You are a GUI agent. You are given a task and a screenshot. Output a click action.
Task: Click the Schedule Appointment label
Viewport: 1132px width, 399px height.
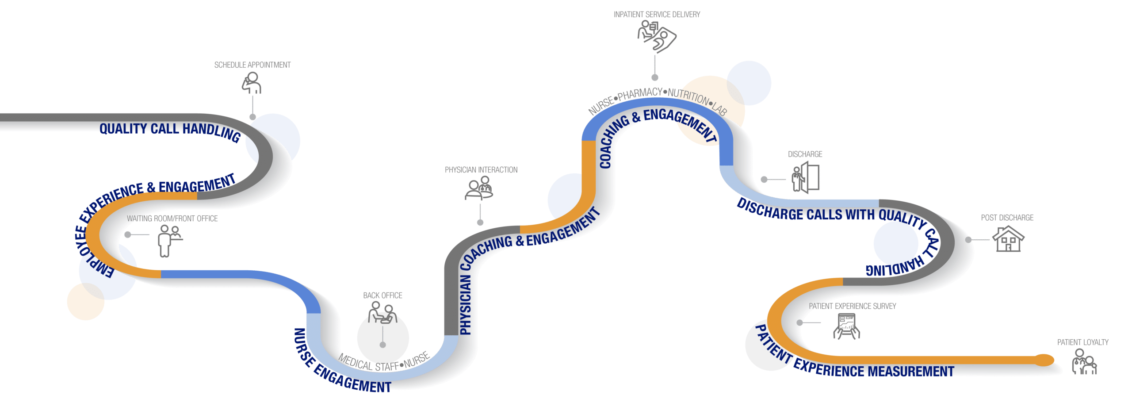(252, 65)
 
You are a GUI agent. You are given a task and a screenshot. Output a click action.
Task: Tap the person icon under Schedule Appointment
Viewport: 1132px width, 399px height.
(252, 83)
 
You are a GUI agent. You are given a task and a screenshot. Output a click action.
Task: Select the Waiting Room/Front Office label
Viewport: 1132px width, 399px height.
(172, 219)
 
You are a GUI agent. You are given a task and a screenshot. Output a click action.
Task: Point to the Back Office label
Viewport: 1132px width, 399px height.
(382, 295)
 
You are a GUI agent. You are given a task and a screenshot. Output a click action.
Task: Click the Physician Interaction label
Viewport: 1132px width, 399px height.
(481, 170)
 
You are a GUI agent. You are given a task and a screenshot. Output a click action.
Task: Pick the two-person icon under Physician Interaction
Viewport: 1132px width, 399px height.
(479, 188)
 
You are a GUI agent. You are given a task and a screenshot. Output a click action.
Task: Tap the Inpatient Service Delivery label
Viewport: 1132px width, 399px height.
(657, 15)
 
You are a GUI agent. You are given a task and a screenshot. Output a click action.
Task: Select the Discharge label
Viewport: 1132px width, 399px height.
(805, 154)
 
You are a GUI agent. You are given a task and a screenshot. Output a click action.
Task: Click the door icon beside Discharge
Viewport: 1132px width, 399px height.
(806, 177)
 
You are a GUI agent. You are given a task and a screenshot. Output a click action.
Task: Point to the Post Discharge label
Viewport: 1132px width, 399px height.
(1007, 218)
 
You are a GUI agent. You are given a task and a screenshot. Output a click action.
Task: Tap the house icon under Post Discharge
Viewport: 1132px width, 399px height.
(1008, 239)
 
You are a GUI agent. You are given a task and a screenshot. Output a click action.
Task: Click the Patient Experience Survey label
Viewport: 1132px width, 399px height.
(853, 306)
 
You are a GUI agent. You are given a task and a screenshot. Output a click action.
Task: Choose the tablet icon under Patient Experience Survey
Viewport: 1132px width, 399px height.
(846, 327)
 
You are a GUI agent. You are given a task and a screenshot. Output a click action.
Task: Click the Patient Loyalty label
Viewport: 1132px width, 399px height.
(1083, 342)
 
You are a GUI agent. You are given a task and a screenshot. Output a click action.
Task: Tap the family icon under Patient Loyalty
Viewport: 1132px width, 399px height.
(1084, 362)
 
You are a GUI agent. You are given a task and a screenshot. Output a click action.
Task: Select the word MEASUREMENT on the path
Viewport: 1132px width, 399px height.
(911, 371)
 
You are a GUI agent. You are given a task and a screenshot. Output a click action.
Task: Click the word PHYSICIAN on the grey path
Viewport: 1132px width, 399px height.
(466, 305)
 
